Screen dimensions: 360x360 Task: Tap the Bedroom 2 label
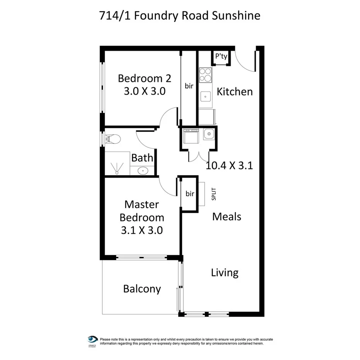pos(144,78)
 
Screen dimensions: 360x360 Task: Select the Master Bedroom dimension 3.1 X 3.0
pos(141,230)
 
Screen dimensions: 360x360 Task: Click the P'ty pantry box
pos(221,56)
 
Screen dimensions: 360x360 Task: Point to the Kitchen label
pos(234,92)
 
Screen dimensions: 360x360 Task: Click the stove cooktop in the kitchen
pos(205,75)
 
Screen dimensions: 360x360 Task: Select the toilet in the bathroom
pos(113,138)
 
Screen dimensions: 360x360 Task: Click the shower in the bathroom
pos(117,164)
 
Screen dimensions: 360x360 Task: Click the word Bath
pos(142,158)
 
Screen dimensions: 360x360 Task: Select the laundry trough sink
pos(209,134)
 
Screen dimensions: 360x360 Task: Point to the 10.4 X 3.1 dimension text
pos(229,166)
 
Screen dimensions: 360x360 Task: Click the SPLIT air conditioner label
pos(214,194)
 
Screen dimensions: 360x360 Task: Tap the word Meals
pos(227,217)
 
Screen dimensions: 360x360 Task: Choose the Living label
pos(224,273)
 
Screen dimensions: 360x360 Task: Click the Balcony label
pos(142,289)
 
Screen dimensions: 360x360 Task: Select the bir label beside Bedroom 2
pos(189,86)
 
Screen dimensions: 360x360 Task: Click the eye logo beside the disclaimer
pos(92,340)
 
